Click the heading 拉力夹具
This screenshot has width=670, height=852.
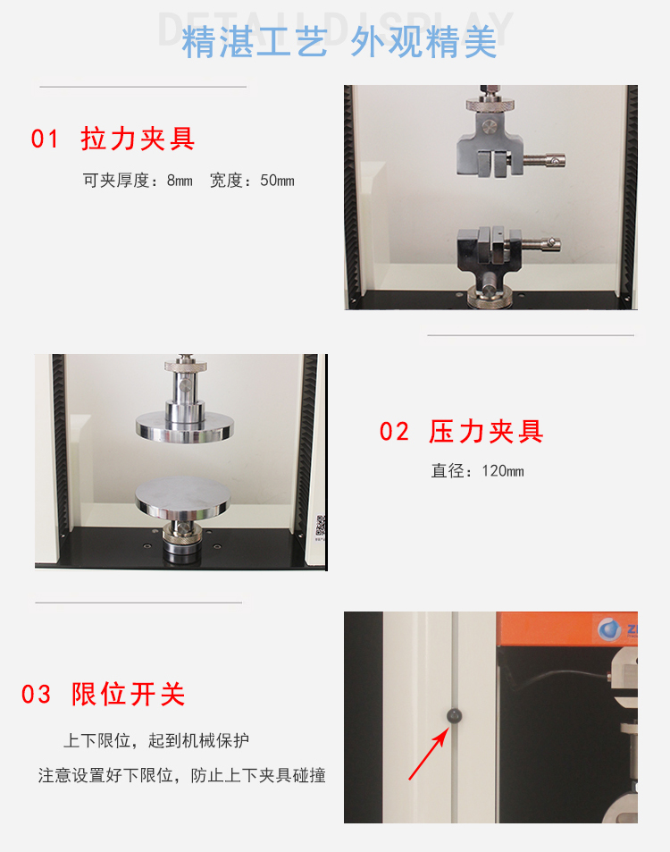click(138, 139)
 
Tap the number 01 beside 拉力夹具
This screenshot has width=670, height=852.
click(45, 139)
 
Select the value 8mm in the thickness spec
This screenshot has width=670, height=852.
click(180, 181)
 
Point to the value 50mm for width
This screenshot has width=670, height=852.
click(277, 181)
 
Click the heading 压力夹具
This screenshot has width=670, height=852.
click(486, 432)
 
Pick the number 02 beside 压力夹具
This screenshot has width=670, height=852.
click(394, 432)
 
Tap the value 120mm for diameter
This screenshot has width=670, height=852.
click(503, 470)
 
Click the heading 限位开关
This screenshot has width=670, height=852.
click(128, 695)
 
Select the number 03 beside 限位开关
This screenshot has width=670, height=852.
click(36, 695)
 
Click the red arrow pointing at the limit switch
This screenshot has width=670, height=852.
click(429, 754)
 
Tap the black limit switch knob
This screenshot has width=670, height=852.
click(454, 715)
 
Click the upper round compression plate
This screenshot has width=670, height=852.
click(185, 426)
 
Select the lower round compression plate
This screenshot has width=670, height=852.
click(182, 497)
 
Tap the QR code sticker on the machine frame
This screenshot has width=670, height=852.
click(321, 526)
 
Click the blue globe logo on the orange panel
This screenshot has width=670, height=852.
click(609, 629)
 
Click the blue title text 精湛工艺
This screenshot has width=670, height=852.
click(255, 42)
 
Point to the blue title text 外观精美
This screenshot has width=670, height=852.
click(424, 42)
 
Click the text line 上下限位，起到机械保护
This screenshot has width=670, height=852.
click(156, 740)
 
